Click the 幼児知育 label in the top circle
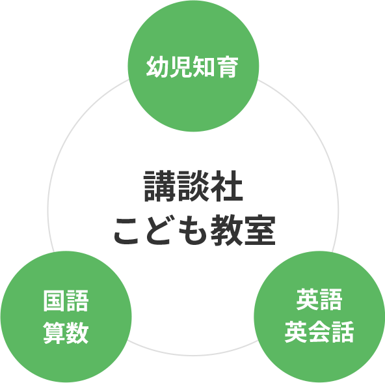click(x=192, y=67)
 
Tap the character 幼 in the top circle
click(x=157, y=67)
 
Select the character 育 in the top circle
click(x=228, y=67)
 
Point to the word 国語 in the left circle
click(x=66, y=301)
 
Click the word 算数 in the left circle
click(x=66, y=333)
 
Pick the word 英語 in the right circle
click(x=319, y=300)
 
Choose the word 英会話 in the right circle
click(x=319, y=332)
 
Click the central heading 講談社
click(x=193, y=186)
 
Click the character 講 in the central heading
click(x=159, y=186)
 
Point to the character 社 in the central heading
click(x=227, y=186)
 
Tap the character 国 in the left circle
click(x=55, y=301)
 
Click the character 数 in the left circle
click(x=77, y=333)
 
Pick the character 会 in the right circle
click(x=319, y=332)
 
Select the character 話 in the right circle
click(x=342, y=332)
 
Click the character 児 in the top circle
click(x=181, y=67)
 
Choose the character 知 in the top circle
click(x=204, y=67)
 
